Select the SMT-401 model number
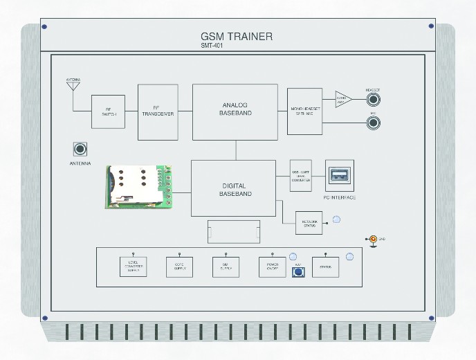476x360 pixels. (x=212, y=46)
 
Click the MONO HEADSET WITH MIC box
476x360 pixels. (x=305, y=110)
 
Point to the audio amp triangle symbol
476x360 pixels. (x=343, y=98)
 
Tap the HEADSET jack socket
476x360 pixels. (x=376, y=98)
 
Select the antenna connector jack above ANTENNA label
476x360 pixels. (x=81, y=150)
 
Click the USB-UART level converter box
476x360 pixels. (x=301, y=176)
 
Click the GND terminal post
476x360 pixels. (x=373, y=240)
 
